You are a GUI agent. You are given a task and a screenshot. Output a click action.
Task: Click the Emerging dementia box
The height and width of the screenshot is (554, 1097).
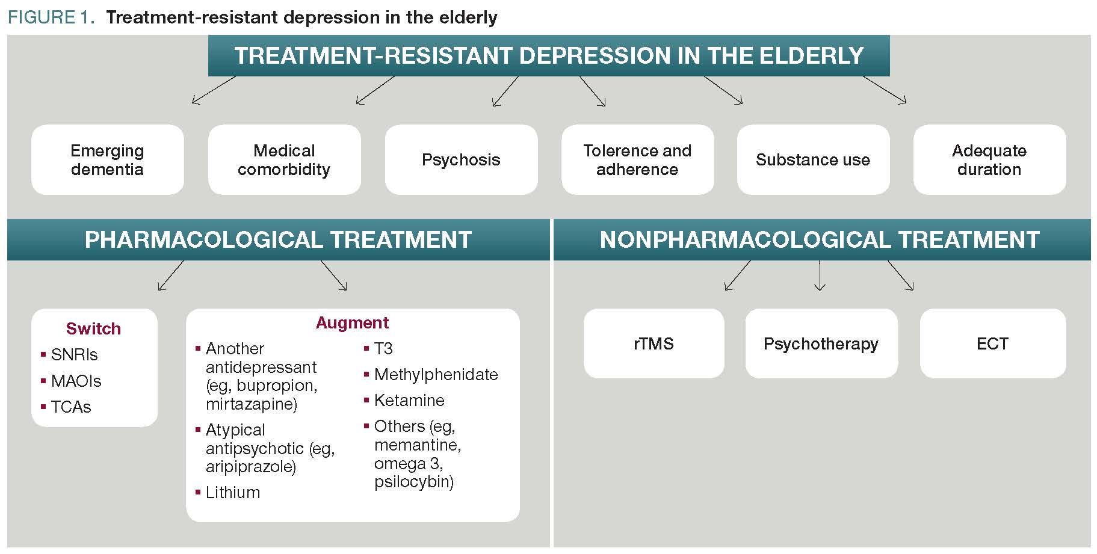pos(107,159)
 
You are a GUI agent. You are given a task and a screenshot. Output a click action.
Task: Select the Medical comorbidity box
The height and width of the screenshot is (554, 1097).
pos(284,159)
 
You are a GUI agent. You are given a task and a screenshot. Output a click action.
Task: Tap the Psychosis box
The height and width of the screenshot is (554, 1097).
pos(461,159)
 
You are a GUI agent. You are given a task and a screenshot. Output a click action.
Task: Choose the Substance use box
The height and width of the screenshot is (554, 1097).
pos(813,159)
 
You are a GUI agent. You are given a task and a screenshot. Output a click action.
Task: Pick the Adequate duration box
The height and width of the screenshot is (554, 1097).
pos(989,159)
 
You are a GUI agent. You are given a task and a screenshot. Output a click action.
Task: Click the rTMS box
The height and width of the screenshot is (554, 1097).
pos(654,343)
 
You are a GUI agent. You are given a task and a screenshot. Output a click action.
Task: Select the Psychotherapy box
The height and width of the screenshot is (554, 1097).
pos(821,343)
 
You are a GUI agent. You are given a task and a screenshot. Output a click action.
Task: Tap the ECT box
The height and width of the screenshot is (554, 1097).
pos(992,343)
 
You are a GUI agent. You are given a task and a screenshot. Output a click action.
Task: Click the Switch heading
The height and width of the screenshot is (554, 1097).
pos(93,328)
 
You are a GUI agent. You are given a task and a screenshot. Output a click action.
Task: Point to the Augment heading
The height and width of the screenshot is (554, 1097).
pos(352,322)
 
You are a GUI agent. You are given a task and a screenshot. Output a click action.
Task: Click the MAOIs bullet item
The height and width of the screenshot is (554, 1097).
pos(76,381)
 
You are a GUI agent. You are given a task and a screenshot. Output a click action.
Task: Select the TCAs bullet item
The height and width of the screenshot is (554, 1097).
pos(71,407)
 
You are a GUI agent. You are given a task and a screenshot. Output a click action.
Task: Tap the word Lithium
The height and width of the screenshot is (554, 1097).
pos(233,492)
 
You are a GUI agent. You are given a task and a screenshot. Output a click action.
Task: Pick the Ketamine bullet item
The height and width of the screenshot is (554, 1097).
pos(409,400)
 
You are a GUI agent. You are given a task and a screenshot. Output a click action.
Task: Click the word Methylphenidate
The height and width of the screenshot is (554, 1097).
pos(436,374)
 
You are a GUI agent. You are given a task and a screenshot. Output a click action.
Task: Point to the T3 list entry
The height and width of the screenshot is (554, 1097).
pos(383,348)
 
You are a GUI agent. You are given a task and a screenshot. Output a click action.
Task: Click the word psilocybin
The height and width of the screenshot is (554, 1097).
pos(413,482)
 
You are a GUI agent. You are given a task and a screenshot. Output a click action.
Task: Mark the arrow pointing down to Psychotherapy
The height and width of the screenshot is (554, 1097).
pos(820,277)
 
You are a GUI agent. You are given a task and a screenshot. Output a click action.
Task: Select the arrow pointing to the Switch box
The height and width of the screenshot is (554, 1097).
pos(170,276)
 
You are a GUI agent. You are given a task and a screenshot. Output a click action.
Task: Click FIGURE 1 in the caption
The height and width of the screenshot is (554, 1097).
pos(50,17)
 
